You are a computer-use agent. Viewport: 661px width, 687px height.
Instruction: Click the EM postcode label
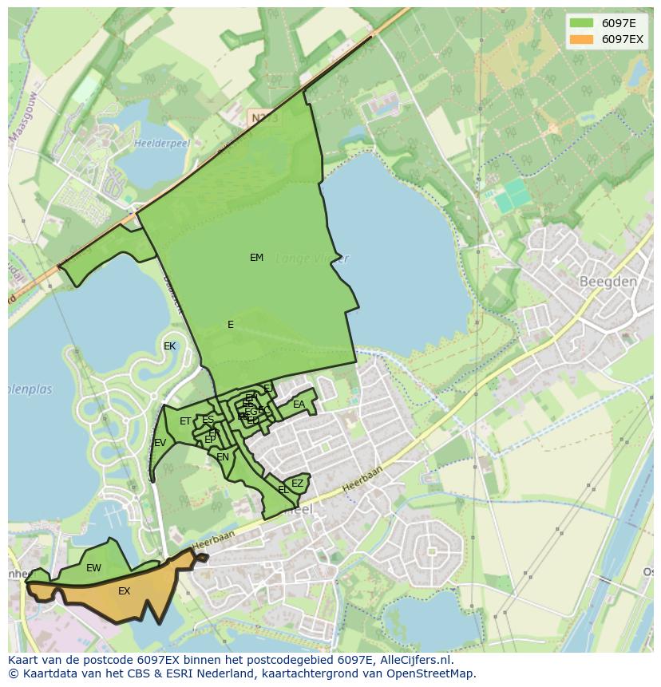[x=256, y=258]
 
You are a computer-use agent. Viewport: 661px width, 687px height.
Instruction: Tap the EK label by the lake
[x=169, y=346]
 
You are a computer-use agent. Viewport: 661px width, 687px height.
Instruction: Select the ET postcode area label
[x=185, y=421]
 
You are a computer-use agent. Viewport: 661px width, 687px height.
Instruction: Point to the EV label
[x=160, y=443]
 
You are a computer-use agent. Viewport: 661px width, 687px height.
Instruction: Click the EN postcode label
[x=223, y=457]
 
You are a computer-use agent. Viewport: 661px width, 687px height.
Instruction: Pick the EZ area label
[x=297, y=484]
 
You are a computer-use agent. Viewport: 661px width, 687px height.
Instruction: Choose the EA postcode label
[x=299, y=405]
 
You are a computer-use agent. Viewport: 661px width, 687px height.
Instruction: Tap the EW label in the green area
[x=93, y=568]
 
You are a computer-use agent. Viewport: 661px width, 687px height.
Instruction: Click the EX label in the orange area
[x=124, y=591]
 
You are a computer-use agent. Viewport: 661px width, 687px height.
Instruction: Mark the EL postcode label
[x=283, y=490]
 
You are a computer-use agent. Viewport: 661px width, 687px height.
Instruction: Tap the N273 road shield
[x=263, y=118]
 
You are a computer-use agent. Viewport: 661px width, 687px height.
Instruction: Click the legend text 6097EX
[x=622, y=39]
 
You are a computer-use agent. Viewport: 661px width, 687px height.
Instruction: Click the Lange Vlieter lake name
[x=312, y=259]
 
